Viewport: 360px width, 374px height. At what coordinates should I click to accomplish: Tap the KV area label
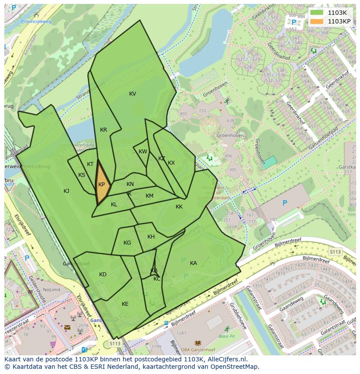[133, 94]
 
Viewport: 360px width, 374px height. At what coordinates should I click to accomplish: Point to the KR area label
[103, 130]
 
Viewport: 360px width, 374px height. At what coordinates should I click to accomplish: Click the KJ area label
[67, 191]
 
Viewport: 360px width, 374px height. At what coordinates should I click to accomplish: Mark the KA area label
[193, 263]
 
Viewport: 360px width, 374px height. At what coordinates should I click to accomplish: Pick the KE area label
[125, 304]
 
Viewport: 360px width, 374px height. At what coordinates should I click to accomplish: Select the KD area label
[103, 275]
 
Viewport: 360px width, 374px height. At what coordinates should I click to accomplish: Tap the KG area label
[127, 243]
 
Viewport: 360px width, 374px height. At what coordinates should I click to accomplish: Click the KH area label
[151, 237]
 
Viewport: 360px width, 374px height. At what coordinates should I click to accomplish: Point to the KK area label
[179, 207]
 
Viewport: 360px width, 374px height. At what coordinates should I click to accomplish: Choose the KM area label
[150, 196]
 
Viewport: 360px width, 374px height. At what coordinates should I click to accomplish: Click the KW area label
[143, 152]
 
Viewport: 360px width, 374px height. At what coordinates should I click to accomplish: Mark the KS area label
[82, 175]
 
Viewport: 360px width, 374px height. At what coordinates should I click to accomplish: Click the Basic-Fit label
[226, 336]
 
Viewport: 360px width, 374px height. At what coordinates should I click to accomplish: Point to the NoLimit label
[52, 290]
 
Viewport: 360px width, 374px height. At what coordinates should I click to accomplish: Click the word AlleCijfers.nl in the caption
[226, 359]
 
